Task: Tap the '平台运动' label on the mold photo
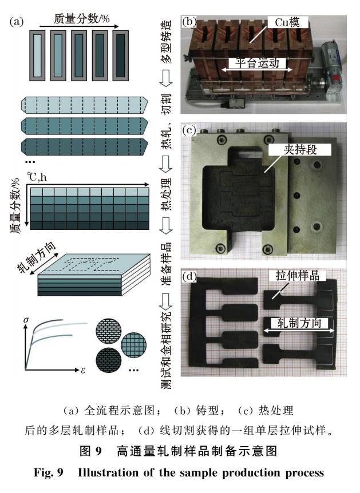point(258,63)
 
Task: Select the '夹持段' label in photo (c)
point(300,150)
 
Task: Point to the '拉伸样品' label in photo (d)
point(298,276)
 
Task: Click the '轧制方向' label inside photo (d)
point(299,323)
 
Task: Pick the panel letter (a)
point(17,21)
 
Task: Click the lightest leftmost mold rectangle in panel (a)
point(37,55)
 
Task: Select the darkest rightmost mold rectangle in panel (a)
point(121,55)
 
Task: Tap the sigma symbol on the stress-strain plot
point(26,320)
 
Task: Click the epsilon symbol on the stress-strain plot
point(83,370)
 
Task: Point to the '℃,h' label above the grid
point(37,177)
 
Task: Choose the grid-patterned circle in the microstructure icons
point(134,345)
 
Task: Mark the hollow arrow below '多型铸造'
point(167,78)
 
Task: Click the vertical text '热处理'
point(167,194)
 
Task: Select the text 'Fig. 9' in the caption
point(49,473)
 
